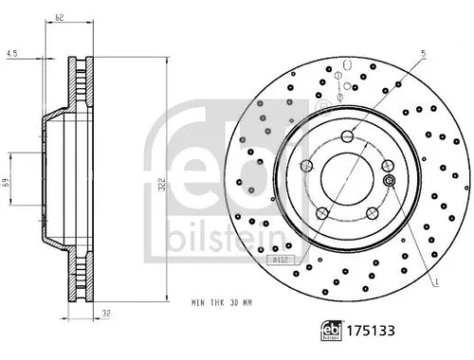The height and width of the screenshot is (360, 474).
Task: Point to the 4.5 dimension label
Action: pos(10,53)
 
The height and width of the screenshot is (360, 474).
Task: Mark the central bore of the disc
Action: pos(348,175)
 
